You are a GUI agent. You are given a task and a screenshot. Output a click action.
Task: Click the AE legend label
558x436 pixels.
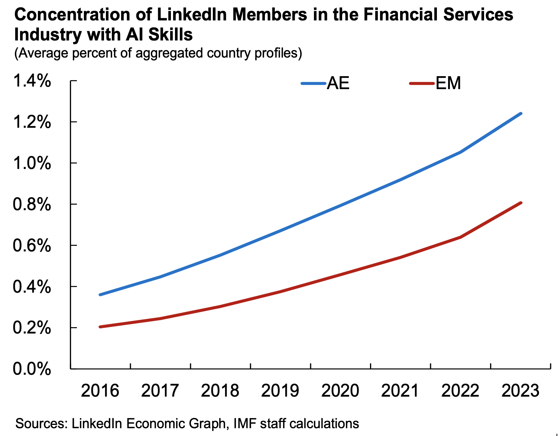pyautogui.click(x=338, y=83)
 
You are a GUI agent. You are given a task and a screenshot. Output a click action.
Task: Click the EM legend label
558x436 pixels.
pyautogui.click(x=448, y=83)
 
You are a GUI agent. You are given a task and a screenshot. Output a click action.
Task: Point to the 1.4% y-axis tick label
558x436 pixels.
pyautogui.click(x=32, y=81)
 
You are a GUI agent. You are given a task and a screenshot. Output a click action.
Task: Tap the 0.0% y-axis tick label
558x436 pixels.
pyautogui.click(x=32, y=369)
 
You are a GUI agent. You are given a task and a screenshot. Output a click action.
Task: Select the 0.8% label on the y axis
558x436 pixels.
pyautogui.click(x=32, y=204)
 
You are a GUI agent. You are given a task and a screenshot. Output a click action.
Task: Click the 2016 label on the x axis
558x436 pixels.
pyautogui.click(x=100, y=391)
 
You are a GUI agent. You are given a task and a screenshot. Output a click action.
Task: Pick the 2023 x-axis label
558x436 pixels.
pyautogui.click(x=520, y=391)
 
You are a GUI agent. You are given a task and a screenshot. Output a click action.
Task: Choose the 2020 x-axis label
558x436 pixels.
pyautogui.click(x=340, y=391)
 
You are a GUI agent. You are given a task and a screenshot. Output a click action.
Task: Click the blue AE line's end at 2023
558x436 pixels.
pyautogui.click(x=521, y=113)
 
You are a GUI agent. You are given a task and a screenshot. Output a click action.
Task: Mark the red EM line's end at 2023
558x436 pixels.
pyautogui.click(x=521, y=203)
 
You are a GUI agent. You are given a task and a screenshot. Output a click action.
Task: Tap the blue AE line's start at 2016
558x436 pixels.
pyautogui.click(x=100, y=295)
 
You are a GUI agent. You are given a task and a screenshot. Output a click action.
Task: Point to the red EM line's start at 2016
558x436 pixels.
pyautogui.click(x=100, y=327)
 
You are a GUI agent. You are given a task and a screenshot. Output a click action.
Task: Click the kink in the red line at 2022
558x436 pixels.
pyautogui.click(x=461, y=237)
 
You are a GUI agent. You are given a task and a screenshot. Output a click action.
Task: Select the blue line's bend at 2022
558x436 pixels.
pyautogui.click(x=461, y=152)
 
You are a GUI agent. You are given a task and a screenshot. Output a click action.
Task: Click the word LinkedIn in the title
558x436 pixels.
pyautogui.click(x=192, y=14)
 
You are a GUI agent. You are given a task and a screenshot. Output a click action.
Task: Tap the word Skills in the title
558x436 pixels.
pyautogui.click(x=171, y=35)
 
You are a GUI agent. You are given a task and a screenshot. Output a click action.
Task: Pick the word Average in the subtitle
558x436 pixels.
pyautogui.click(x=43, y=53)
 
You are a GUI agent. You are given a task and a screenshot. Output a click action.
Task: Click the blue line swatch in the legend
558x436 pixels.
pyautogui.click(x=313, y=84)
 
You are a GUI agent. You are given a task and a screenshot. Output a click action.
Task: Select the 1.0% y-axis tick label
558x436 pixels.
pyautogui.click(x=32, y=163)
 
